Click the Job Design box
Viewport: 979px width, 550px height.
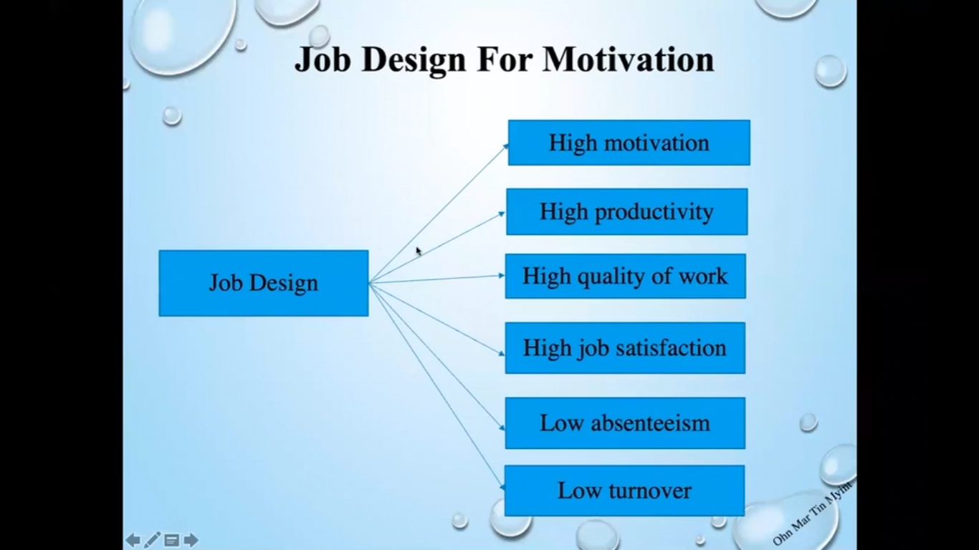(264, 283)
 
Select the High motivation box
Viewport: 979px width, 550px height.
(629, 143)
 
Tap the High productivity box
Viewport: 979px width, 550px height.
(626, 212)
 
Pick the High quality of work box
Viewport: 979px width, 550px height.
(626, 276)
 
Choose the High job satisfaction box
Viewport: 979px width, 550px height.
(625, 348)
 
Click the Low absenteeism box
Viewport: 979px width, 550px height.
(625, 423)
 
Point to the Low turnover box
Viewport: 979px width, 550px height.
(624, 491)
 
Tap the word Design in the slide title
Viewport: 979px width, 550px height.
(414, 61)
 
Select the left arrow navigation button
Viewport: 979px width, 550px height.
(133, 541)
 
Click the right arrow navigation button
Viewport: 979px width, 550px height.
(191, 541)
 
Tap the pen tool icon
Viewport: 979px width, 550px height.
(152, 540)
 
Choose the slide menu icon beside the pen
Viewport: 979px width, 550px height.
(171, 541)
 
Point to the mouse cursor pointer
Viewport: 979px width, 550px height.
(419, 251)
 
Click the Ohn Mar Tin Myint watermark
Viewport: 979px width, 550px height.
(813, 513)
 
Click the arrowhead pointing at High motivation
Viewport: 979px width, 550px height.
(506, 146)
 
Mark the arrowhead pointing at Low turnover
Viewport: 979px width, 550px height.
(502, 486)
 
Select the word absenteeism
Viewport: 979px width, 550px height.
(650, 423)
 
